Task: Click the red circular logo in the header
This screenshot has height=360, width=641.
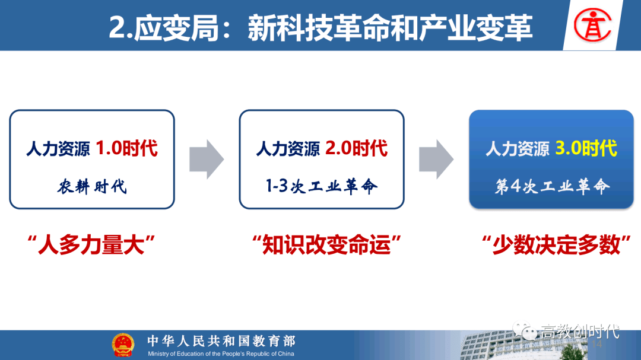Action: click(592, 26)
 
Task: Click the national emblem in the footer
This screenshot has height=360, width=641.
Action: click(123, 345)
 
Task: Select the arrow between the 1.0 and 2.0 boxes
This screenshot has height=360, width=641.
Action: click(207, 160)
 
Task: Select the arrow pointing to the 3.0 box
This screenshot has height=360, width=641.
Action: click(436, 160)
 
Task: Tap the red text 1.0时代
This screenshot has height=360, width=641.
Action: click(127, 148)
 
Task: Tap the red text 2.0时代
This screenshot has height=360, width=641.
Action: click(357, 148)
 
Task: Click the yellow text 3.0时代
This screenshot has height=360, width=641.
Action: click(586, 148)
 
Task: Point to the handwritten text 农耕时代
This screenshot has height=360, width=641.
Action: click(92, 187)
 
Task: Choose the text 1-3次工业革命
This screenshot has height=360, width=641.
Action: click(322, 186)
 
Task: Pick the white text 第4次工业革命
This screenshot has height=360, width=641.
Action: click(553, 186)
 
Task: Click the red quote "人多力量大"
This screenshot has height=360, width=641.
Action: click(91, 245)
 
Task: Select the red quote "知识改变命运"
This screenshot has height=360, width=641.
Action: click(326, 245)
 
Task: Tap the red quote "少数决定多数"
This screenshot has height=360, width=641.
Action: click(556, 245)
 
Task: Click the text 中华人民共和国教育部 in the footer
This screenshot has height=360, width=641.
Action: click(221, 341)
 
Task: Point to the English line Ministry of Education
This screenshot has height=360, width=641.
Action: click(221, 353)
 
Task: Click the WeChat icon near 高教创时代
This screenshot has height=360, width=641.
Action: click(525, 330)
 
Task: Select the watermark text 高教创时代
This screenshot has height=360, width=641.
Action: click(580, 332)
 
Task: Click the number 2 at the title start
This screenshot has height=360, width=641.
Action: click(117, 28)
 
